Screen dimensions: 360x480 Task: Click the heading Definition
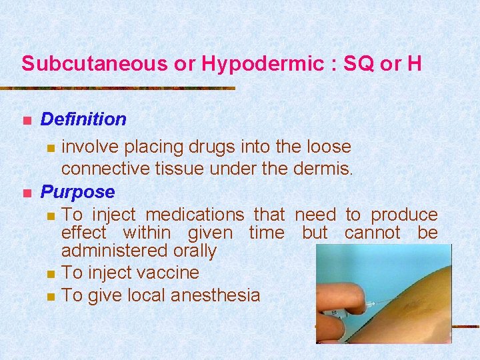pyautogui.click(x=83, y=119)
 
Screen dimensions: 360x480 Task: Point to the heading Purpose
pyautogui.click(x=78, y=192)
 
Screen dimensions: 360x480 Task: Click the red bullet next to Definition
pyautogui.click(x=27, y=121)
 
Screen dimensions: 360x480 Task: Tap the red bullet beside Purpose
pyautogui.click(x=27, y=193)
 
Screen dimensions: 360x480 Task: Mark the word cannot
pyautogui.click(x=372, y=233)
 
